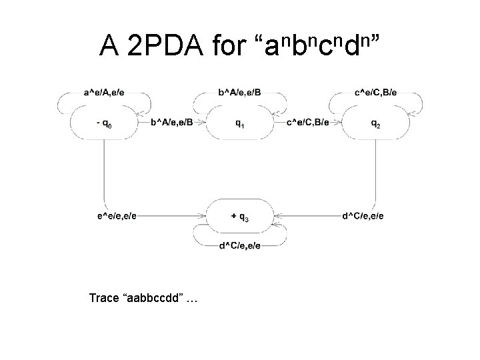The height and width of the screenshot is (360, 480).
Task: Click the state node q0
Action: tap(103, 123)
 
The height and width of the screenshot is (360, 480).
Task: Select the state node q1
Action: tap(239, 123)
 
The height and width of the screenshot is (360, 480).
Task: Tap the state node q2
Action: tap(375, 123)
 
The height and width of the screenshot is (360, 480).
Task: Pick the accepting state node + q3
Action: tap(239, 216)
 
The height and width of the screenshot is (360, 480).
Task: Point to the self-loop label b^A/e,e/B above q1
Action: tap(239, 93)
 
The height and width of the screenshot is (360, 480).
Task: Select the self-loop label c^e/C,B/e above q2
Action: tap(375, 93)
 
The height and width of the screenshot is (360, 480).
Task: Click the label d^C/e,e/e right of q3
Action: tap(363, 216)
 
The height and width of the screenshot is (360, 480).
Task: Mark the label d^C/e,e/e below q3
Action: tap(239, 246)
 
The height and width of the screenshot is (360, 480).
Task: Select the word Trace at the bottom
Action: tap(103, 298)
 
